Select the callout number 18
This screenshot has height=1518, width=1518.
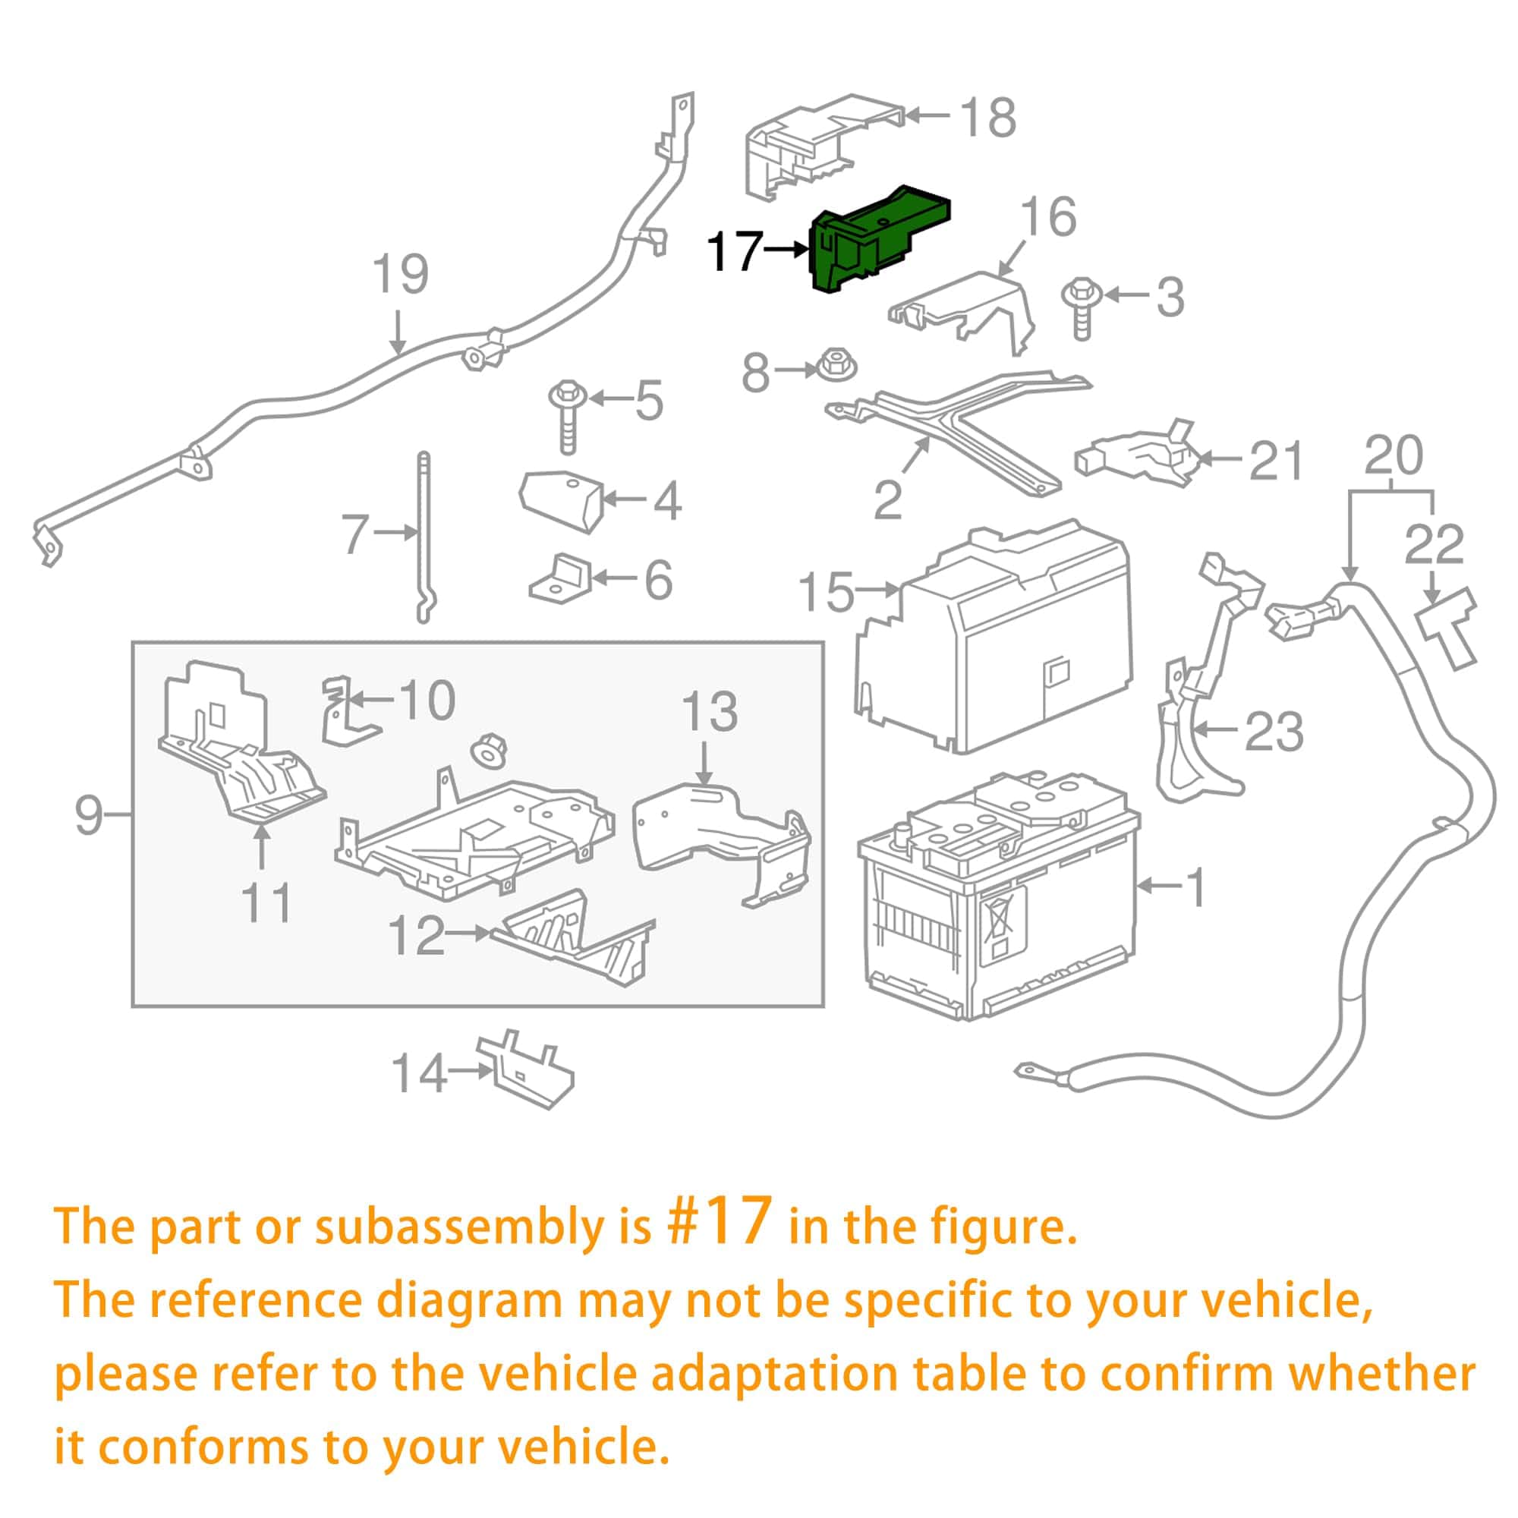click(988, 118)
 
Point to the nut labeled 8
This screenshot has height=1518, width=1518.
click(836, 366)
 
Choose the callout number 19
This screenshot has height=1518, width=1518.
click(400, 274)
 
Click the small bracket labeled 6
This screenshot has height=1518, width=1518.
click(561, 580)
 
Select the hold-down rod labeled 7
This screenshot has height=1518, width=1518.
click(424, 534)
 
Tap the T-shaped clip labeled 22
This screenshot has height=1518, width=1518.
click(1448, 628)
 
